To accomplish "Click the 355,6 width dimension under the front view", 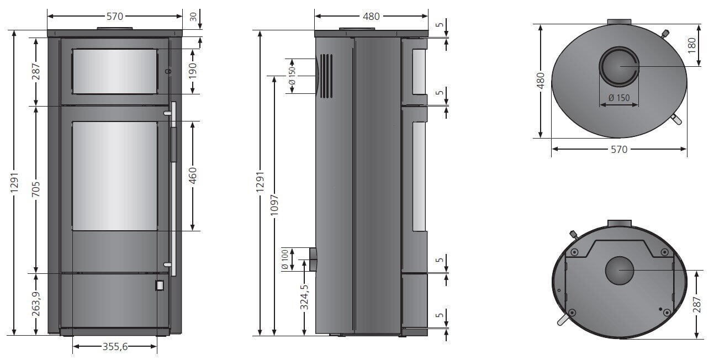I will click(115, 347).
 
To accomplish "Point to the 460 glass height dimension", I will click(192, 175).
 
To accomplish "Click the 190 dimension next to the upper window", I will click(192, 71).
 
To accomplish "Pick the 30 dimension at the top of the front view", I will click(193, 17).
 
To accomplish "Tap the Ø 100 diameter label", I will click(285, 259).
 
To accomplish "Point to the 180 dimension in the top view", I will click(692, 45).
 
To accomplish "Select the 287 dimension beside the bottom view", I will click(696, 304).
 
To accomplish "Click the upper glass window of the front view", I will click(115, 71).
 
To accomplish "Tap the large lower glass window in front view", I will click(115, 176).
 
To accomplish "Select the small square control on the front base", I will click(159, 285).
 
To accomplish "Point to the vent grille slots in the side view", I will click(327, 76).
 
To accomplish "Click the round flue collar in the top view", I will click(620, 66).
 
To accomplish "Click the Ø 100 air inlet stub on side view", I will click(313, 259).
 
